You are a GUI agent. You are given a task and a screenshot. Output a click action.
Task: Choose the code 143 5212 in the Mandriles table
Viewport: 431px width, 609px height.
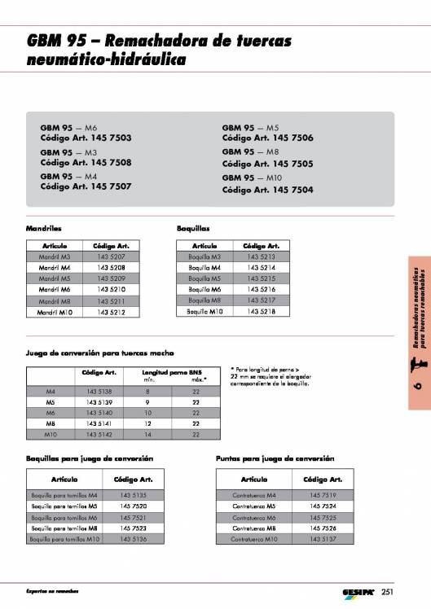pos(111,312)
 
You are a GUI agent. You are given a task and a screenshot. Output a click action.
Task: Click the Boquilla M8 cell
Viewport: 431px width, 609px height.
pos(205,300)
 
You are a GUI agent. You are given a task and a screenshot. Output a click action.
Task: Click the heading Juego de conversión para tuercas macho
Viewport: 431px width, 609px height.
pos(107,353)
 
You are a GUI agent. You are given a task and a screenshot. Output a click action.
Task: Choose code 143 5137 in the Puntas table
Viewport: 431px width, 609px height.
pos(321,539)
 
